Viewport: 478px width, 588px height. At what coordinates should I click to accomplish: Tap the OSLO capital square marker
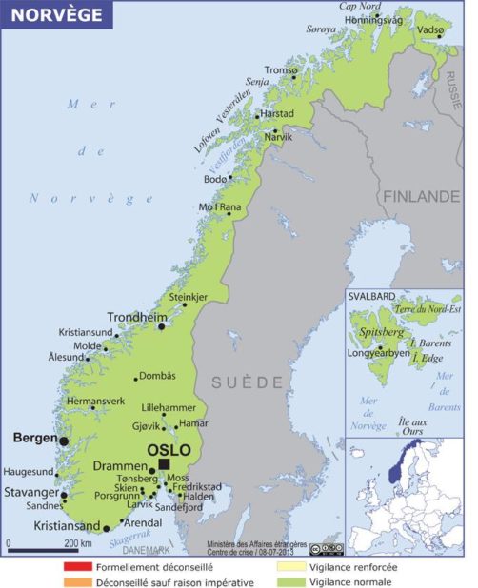pos(164,463)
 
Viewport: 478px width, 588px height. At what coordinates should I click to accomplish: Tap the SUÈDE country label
pos(247,382)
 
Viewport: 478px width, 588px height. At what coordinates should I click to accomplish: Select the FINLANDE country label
pos(421,196)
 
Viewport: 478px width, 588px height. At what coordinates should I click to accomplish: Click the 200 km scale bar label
pos(77,542)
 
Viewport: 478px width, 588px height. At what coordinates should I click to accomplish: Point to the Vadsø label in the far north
pos(430,29)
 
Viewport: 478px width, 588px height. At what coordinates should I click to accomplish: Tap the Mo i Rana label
pos(219,207)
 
